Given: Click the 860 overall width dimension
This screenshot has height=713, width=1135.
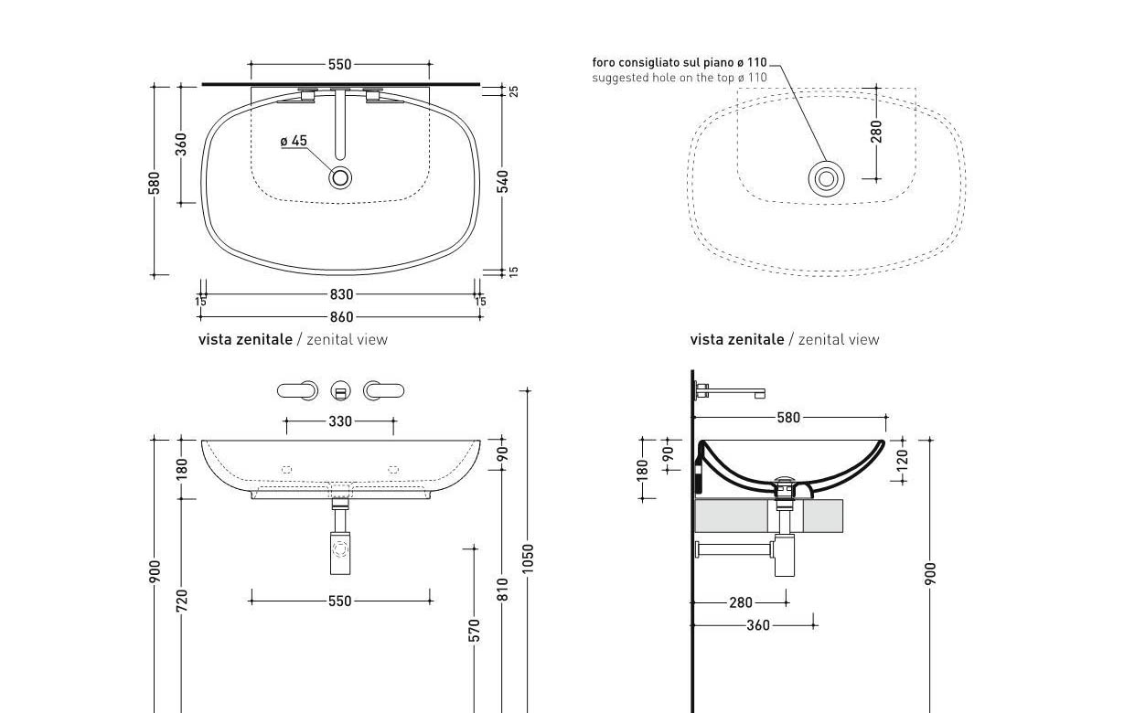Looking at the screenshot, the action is pyautogui.click(x=341, y=317).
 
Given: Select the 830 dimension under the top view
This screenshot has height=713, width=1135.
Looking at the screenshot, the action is pyautogui.click(x=341, y=294).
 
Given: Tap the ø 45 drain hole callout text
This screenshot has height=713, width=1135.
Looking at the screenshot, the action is pyautogui.click(x=294, y=141).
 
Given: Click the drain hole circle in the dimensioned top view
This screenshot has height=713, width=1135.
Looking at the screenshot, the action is pyautogui.click(x=340, y=177).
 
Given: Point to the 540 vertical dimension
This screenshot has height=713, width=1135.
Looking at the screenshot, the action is pyautogui.click(x=502, y=181).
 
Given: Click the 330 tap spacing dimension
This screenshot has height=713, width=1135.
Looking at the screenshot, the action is pyautogui.click(x=340, y=421).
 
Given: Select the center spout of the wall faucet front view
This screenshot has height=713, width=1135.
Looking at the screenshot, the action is pyautogui.click(x=340, y=391).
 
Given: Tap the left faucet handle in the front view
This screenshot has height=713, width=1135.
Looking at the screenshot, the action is pyautogui.click(x=298, y=391).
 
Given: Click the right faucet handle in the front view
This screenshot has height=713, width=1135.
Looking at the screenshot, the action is pyautogui.click(x=383, y=391).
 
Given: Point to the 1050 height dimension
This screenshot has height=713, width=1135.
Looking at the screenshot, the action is pyautogui.click(x=528, y=559).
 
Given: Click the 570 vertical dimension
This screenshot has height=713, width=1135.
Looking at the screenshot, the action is pyautogui.click(x=474, y=631).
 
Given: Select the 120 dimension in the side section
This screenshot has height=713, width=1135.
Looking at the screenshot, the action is pyautogui.click(x=902, y=461).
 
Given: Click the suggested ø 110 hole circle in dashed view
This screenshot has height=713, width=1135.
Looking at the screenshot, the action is pyautogui.click(x=827, y=179).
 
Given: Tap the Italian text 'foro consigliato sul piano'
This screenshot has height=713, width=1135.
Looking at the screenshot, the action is pyautogui.click(x=663, y=62).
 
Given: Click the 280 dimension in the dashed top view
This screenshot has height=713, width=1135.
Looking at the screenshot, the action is pyautogui.click(x=876, y=132).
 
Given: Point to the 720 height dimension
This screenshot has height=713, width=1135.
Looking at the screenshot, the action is pyautogui.click(x=182, y=601).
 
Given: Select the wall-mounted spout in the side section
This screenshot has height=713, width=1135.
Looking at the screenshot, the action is pyautogui.click(x=730, y=391).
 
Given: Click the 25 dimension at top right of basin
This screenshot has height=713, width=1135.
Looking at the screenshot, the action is pyautogui.click(x=513, y=91).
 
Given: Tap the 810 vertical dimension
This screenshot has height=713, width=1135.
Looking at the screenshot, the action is pyautogui.click(x=502, y=590).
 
